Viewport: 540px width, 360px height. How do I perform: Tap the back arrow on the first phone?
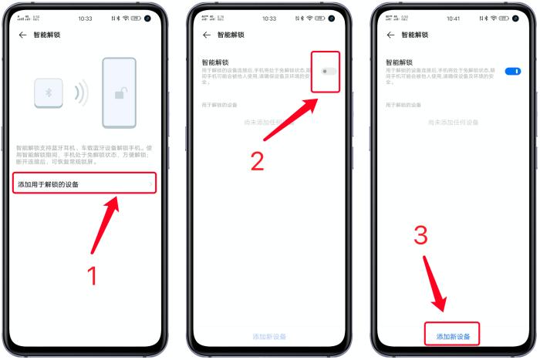22,35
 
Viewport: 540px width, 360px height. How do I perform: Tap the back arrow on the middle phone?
206,35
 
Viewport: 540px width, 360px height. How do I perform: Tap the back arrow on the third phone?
390,35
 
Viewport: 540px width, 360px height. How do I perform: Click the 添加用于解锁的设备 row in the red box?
84,183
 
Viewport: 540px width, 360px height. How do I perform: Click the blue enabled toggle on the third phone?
512,71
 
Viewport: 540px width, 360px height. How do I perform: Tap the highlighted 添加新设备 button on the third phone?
453,336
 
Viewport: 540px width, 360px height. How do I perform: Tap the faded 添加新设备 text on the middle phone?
269,337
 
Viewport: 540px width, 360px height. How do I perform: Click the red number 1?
92,275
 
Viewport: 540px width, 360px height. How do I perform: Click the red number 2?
257,160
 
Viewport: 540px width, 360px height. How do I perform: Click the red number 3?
420,236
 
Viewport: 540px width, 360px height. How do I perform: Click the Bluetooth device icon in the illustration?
49,92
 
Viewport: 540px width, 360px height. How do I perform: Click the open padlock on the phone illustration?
122,94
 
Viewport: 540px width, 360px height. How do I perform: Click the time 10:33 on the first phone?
85,18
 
